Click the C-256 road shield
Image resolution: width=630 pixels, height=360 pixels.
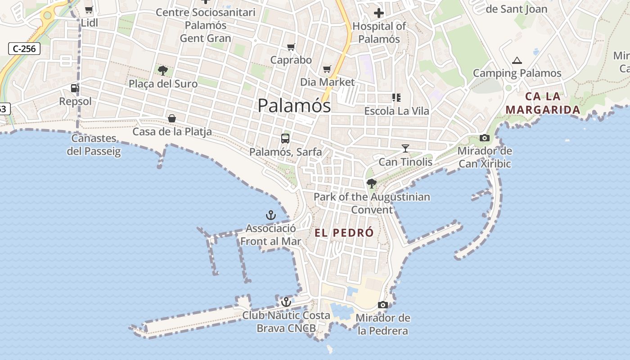coord(24,49)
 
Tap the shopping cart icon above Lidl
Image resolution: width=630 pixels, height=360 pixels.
coord(89,9)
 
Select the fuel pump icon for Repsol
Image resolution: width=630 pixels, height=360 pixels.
coord(75,88)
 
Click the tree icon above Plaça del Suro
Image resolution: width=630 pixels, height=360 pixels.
coord(163,70)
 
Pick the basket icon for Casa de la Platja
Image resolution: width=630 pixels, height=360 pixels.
coord(172,118)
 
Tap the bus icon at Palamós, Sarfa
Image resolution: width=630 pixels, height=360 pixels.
coord(285,138)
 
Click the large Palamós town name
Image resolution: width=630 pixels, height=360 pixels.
coord(294,106)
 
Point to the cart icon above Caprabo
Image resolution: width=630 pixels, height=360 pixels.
coord(291,47)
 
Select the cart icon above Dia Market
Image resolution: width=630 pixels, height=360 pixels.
coord(327,69)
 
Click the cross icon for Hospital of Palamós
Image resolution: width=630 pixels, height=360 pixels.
coord(379,13)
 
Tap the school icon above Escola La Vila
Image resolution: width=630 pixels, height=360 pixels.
coord(396,97)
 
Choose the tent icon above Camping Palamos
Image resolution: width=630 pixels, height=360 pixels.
coord(517,60)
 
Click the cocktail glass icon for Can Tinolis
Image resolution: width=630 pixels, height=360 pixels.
coord(405,148)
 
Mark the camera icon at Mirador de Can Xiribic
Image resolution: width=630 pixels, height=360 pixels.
coord(485,138)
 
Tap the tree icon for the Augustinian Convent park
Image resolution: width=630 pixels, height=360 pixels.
coord(372,183)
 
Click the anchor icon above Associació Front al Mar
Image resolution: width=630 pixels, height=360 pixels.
coord(270,215)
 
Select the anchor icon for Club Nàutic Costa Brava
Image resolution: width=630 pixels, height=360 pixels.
coord(286,301)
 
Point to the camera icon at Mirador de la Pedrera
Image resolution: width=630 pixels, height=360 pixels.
coord(383,305)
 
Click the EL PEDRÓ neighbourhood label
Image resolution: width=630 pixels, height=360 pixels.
coord(344,233)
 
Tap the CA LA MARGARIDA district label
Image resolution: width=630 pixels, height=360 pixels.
coord(543,103)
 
